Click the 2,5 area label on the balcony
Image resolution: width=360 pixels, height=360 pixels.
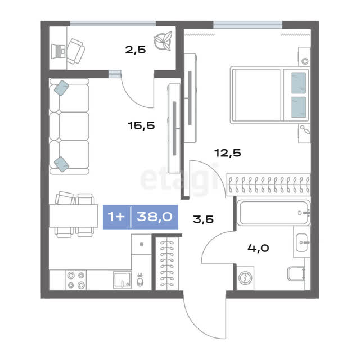[136, 49]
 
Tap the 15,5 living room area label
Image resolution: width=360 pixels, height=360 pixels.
[141, 125]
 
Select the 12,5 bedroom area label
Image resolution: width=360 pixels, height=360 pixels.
[227, 153]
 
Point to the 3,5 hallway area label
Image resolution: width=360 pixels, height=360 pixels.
[204, 219]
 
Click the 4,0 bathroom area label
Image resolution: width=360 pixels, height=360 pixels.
[258, 248]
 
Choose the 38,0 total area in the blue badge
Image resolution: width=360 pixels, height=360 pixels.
[155, 217]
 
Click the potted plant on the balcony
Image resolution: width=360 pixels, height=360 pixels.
[163, 41]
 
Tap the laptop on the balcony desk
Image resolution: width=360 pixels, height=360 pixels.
[58, 51]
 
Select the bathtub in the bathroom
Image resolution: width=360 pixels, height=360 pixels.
[273, 213]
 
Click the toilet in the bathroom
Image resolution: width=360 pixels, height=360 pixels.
[296, 274]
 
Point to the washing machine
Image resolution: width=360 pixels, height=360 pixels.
[245, 278]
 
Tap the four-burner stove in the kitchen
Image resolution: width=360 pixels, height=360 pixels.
[76, 280]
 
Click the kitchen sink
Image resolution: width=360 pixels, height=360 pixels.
[123, 280]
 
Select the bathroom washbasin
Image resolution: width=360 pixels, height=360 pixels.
[302, 242]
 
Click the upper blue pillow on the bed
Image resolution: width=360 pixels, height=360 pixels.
[299, 83]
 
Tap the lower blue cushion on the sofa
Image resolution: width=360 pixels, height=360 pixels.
[61, 164]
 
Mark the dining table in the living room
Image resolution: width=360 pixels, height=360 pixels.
[74, 216]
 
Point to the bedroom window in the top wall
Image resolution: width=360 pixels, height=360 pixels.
[247, 25]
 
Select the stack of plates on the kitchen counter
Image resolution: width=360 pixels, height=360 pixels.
[140, 280]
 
